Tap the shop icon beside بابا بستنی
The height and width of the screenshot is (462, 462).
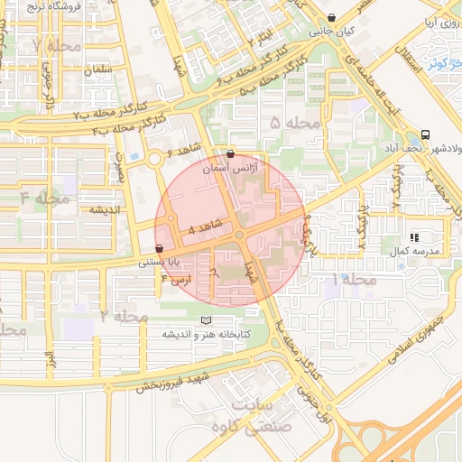[x=160, y=248]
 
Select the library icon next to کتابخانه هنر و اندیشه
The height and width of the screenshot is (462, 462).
[x=207, y=320]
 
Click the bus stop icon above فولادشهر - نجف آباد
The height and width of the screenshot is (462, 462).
[x=425, y=134]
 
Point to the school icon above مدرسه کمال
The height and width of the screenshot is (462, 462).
[x=415, y=236]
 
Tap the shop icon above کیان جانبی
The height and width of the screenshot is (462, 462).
[x=332, y=17]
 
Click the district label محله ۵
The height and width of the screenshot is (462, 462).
[x=294, y=122]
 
